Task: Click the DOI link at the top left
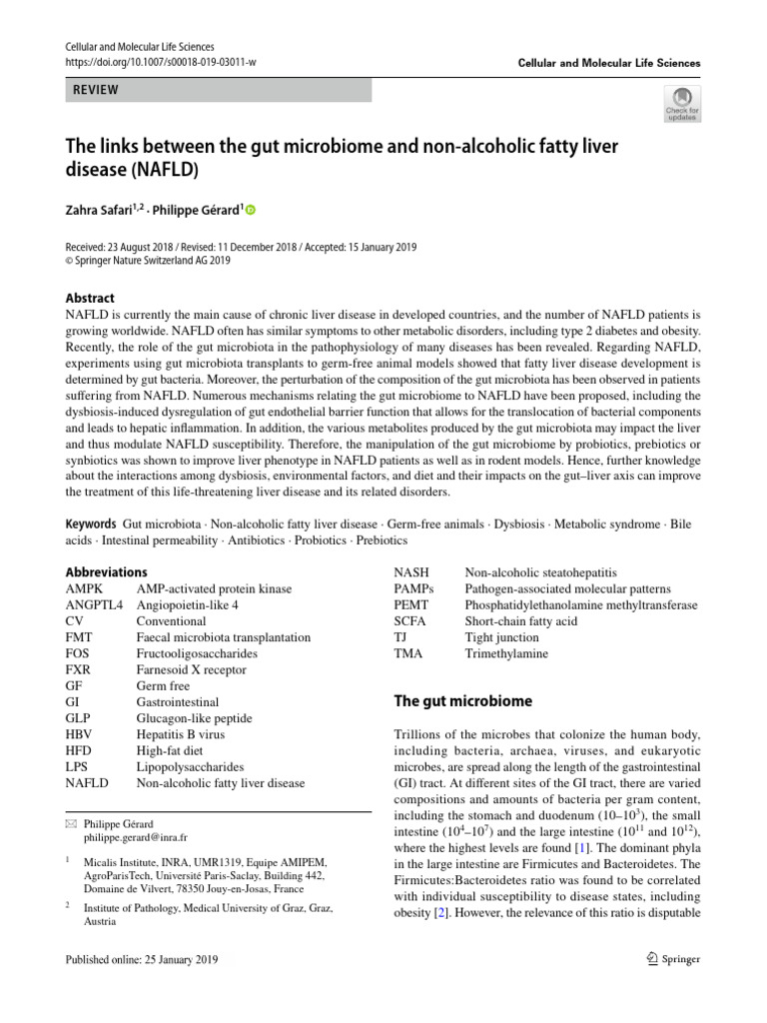[x=161, y=62]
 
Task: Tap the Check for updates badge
[x=681, y=104]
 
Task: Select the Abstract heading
[x=90, y=298]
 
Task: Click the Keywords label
[x=91, y=524]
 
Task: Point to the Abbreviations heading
[x=106, y=571]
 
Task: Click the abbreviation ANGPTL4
[x=95, y=604]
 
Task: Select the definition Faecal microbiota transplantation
[x=223, y=637]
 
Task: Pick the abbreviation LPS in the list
[x=78, y=767]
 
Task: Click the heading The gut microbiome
[x=463, y=701]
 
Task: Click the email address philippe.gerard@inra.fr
[x=136, y=837]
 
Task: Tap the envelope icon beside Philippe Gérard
[x=71, y=824]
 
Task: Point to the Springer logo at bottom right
[x=673, y=959]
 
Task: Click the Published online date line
[x=141, y=959]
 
